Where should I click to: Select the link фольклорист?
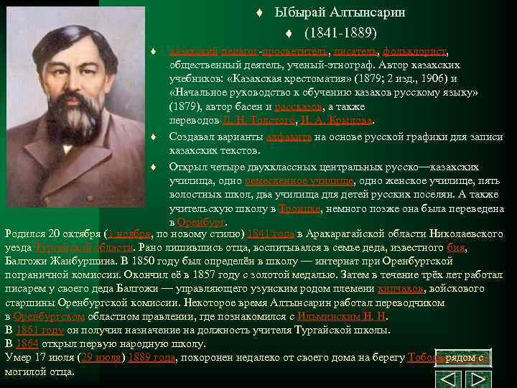[414, 52]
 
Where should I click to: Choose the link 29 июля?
[101, 357]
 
